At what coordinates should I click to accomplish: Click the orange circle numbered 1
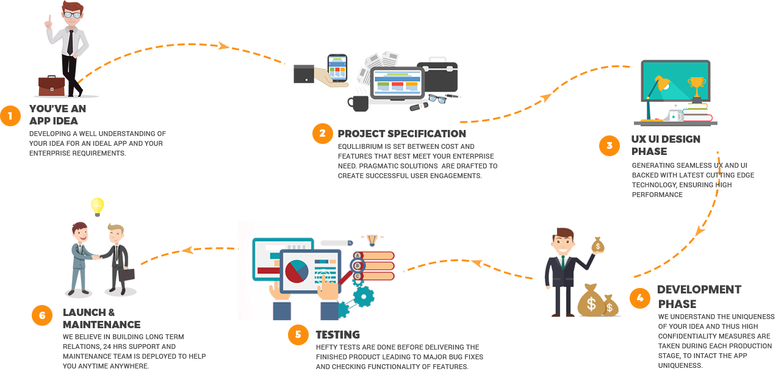10,115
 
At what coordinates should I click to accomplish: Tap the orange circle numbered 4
639,298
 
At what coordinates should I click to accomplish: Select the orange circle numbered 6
42,315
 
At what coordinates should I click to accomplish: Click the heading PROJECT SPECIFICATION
401,134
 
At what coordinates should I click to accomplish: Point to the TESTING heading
337,334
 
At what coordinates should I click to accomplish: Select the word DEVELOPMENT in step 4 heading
699,289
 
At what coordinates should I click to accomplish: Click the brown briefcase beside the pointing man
51,86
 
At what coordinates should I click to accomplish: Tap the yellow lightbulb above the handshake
97,206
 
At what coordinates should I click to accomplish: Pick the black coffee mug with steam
359,102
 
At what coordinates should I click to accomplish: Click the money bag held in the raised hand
598,245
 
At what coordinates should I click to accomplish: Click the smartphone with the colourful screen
337,68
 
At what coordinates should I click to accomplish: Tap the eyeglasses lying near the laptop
436,98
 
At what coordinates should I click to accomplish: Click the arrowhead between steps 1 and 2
223,46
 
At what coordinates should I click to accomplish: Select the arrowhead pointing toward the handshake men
187,250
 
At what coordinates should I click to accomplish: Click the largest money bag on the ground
591,300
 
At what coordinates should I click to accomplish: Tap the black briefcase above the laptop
437,76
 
